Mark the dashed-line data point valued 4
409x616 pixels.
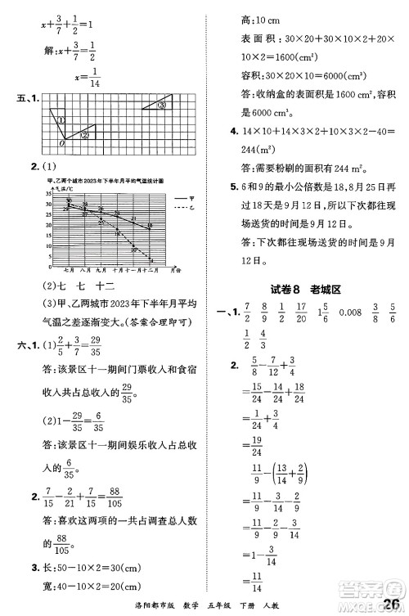click(152, 259)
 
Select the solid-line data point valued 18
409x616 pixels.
click(151, 226)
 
